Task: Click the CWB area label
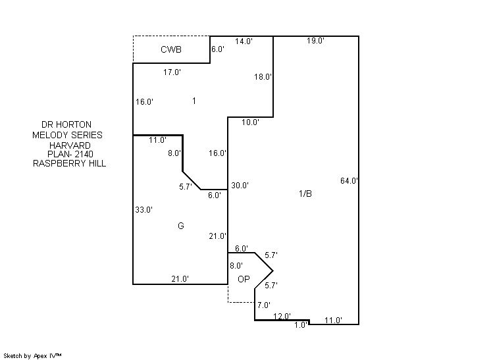click(171, 50)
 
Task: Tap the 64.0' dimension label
click(349, 181)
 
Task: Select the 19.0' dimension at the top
click(315, 41)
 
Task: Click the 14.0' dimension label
click(244, 41)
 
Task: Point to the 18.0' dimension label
click(263, 77)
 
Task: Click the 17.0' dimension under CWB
click(172, 72)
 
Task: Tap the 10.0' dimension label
click(250, 122)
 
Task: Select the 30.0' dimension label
click(240, 186)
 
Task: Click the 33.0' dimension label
click(143, 210)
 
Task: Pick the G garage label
click(180, 226)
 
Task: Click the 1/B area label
click(305, 193)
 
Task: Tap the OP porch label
click(244, 279)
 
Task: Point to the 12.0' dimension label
click(282, 316)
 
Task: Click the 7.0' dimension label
click(264, 305)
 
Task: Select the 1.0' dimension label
click(301, 324)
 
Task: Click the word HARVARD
click(70, 145)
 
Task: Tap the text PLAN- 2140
click(70, 154)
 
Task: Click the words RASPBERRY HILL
click(69, 163)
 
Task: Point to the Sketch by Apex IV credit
click(33, 355)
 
